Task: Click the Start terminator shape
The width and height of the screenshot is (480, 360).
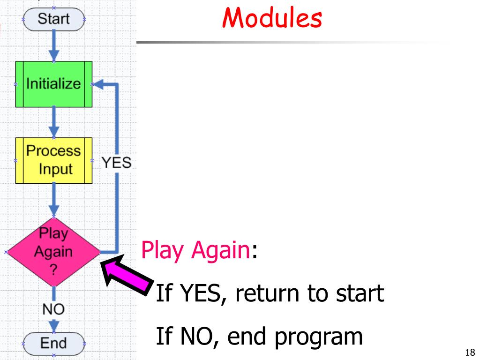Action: pos(53,19)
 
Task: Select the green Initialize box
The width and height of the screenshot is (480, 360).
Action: pos(53,85)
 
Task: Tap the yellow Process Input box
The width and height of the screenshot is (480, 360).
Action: pos(53,160)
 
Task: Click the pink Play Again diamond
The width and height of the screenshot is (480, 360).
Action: pos(53,252)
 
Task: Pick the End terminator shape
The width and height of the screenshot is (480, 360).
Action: pos(53,343)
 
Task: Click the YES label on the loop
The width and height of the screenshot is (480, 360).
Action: pos(117,163)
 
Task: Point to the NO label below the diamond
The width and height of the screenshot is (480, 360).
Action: pos(53,309)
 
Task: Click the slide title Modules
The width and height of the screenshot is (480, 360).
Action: pos(271,18)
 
